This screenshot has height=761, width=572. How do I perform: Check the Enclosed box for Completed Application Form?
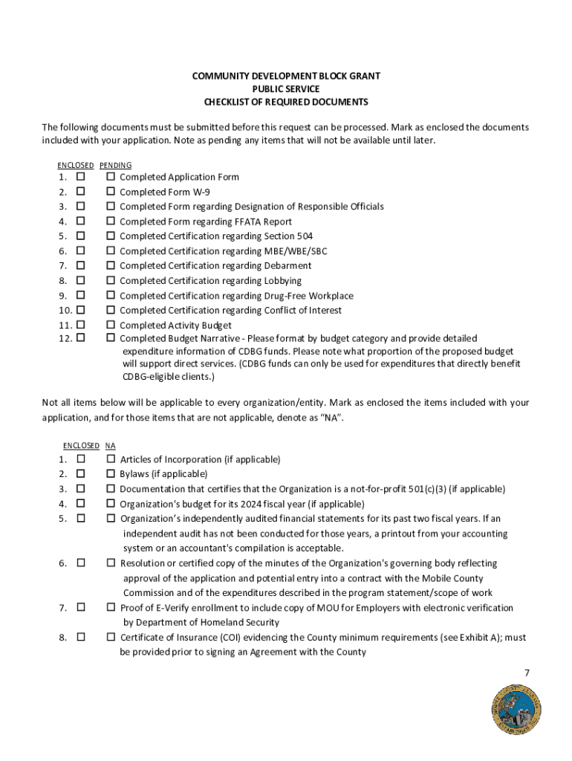point(80,177)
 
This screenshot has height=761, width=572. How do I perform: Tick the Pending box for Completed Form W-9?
point(111,192)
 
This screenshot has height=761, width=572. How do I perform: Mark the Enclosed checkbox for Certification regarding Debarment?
point(80,265)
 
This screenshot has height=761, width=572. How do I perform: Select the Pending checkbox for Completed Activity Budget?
point(111,325)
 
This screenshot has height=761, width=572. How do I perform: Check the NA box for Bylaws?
point(111,473)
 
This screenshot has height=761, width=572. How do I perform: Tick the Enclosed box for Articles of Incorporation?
point(80,459)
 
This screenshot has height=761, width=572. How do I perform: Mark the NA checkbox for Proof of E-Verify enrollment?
point(111,607)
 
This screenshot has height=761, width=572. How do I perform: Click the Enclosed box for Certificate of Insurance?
point(80,637)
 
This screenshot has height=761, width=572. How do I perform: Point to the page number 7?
point(527,673)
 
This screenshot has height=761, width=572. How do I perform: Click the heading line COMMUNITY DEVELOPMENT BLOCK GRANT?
point(286,77)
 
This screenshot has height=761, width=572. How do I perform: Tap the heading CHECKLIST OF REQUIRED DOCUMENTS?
point(286,102)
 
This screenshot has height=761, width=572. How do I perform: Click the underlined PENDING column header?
point(115,165)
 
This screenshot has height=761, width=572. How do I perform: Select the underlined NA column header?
point(110,446)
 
